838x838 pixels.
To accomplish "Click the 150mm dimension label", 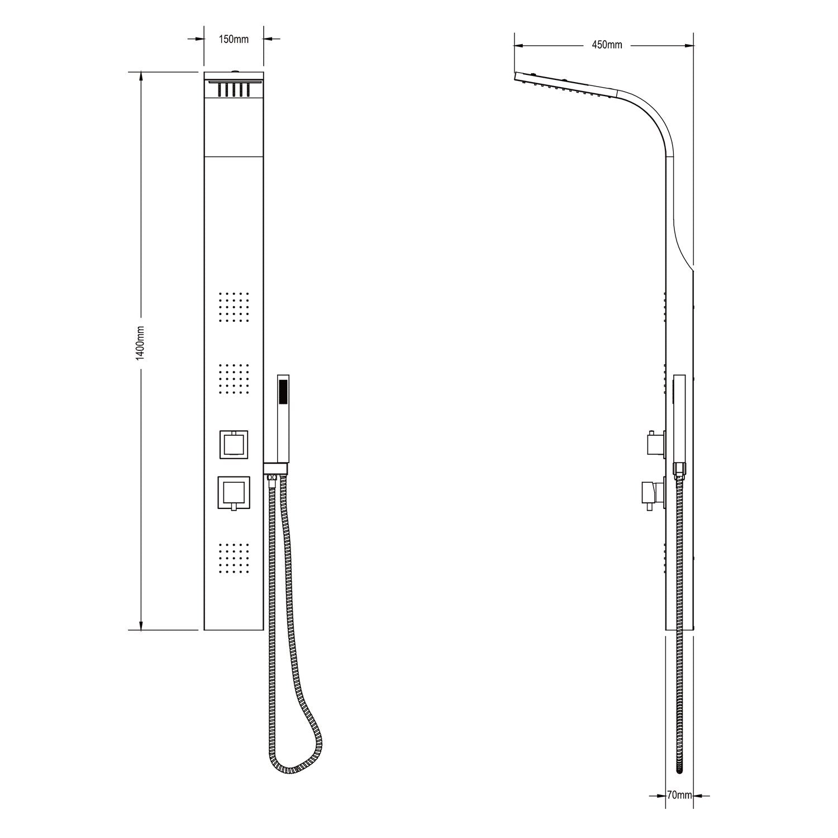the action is point(234,39).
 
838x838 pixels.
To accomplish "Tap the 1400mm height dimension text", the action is point(140,344).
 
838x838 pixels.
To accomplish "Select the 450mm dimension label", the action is point(607,45).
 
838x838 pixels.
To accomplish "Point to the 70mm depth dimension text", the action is point(679,795).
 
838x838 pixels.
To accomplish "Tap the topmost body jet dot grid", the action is point(234,307).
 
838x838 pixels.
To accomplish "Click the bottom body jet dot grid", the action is point(234,558).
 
